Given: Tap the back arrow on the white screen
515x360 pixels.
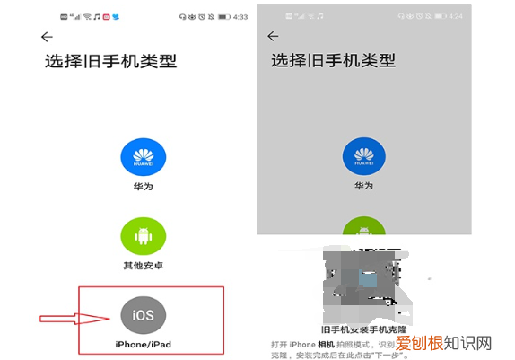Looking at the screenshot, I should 47,37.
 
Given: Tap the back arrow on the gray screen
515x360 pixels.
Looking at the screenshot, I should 274,37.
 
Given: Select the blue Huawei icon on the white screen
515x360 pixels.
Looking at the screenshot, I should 144,160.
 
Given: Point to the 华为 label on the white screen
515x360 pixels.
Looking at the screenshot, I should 144,190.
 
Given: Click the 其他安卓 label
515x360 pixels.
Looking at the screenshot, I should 144,267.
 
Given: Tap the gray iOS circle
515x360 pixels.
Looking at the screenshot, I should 144,316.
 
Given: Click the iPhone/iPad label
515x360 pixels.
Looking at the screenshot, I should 144,344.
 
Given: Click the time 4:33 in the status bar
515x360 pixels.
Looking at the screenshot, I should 240,17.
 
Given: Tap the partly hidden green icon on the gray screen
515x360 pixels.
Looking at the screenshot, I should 363,227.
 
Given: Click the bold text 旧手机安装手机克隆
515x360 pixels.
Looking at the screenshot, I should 363,329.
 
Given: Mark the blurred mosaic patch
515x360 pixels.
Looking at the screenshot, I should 359,278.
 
